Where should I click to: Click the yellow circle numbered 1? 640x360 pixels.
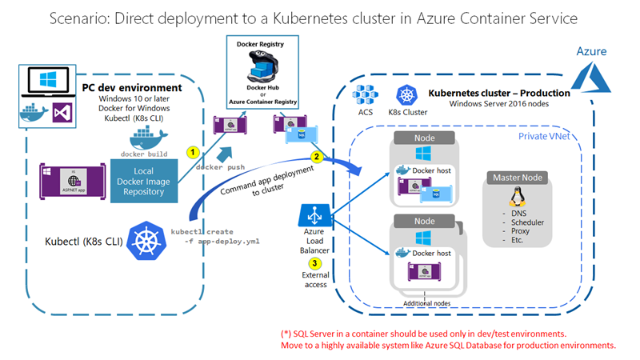coord(192,150)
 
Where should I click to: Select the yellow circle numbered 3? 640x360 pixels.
coord(315,263)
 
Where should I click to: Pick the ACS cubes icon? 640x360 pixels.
coord(365,94)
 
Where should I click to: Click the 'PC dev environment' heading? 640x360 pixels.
coord(132,86)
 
